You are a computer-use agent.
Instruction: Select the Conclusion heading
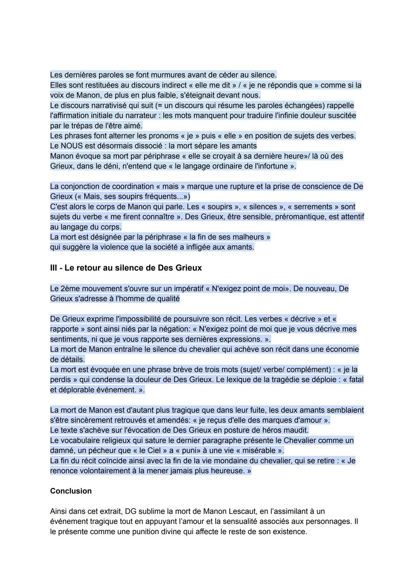pos(71,491)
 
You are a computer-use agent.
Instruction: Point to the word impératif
pos(191,289)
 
